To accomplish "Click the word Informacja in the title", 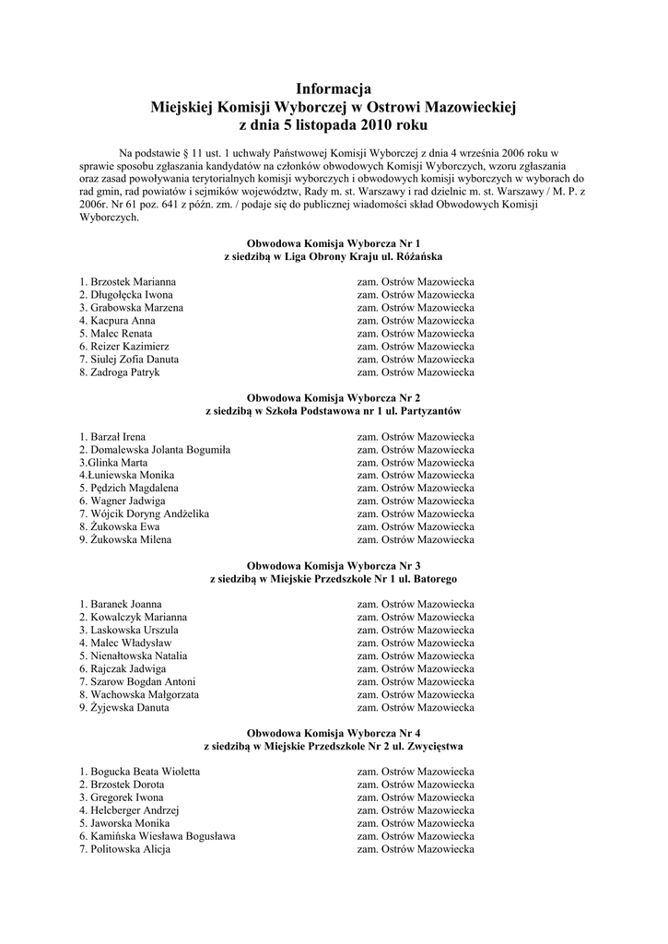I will click(334, 89).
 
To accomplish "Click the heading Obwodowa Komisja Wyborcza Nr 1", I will click(334, 242).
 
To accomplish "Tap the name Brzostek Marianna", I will click(134, 281).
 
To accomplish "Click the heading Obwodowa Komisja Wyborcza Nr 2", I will click(334, 396).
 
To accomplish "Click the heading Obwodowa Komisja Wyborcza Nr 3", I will click(334, 564).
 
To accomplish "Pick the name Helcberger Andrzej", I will click(135, 810).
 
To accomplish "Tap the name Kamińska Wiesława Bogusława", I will click(163, 836).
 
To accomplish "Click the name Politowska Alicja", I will click(131, 849).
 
